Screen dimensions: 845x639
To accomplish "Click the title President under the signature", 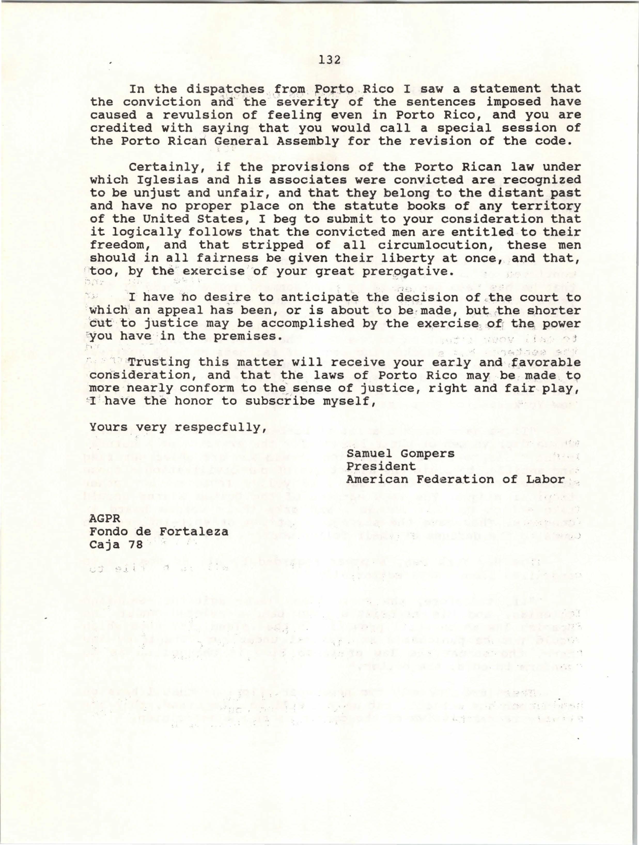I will [x=381, y=467].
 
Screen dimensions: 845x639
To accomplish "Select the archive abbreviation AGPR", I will [x=105, y=519].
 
